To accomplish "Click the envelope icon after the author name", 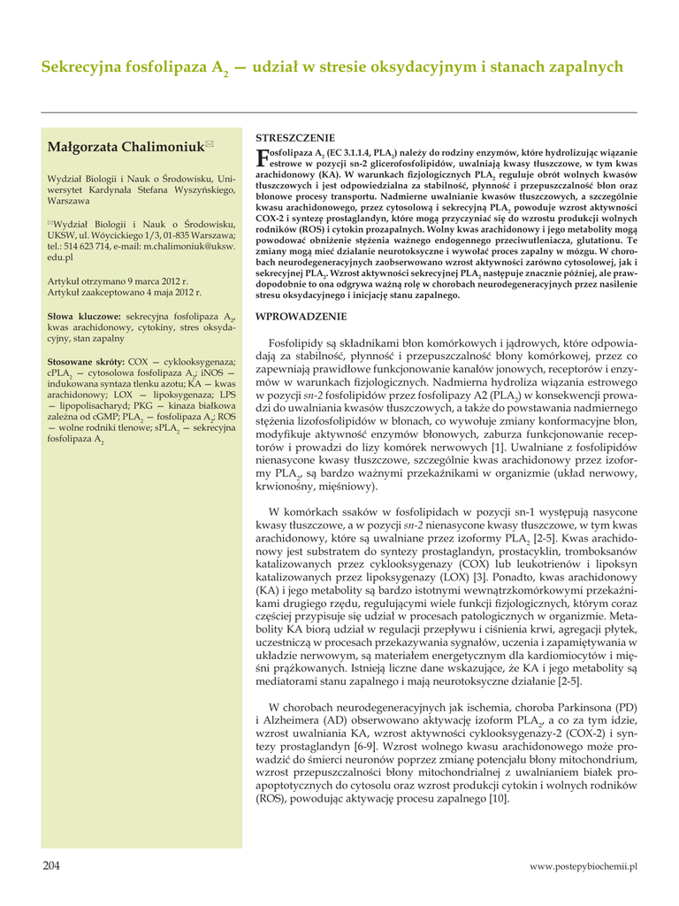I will pos(210,143).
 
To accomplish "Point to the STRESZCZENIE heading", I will pos(294,138).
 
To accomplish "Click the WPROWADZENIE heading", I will pos(301,316).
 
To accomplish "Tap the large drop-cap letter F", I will pos(262,159).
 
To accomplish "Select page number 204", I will pos(51,866).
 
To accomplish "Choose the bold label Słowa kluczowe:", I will pos(84,316).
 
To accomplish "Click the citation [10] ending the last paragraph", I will pos(499,799).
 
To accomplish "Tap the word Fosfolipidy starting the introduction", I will pos(298,342).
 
